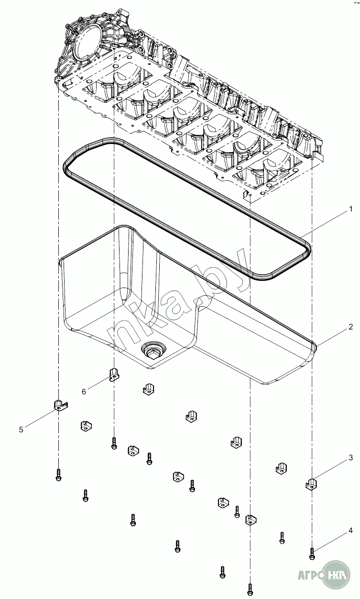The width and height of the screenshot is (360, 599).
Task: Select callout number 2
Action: tap(350, 327)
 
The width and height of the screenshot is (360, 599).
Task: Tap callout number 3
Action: tap(350, 458)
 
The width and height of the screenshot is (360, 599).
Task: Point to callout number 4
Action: tap(350, 531)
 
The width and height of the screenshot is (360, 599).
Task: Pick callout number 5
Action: tap(21, 430)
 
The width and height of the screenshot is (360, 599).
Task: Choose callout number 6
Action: tap(84, 391)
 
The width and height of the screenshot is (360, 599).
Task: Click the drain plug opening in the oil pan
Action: tap(153, 352)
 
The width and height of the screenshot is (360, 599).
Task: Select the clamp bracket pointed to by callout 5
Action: tap(60, 405)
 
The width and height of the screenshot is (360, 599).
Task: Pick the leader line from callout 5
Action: tap(40, 417)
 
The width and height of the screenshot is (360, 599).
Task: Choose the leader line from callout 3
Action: tap(332, 470)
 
